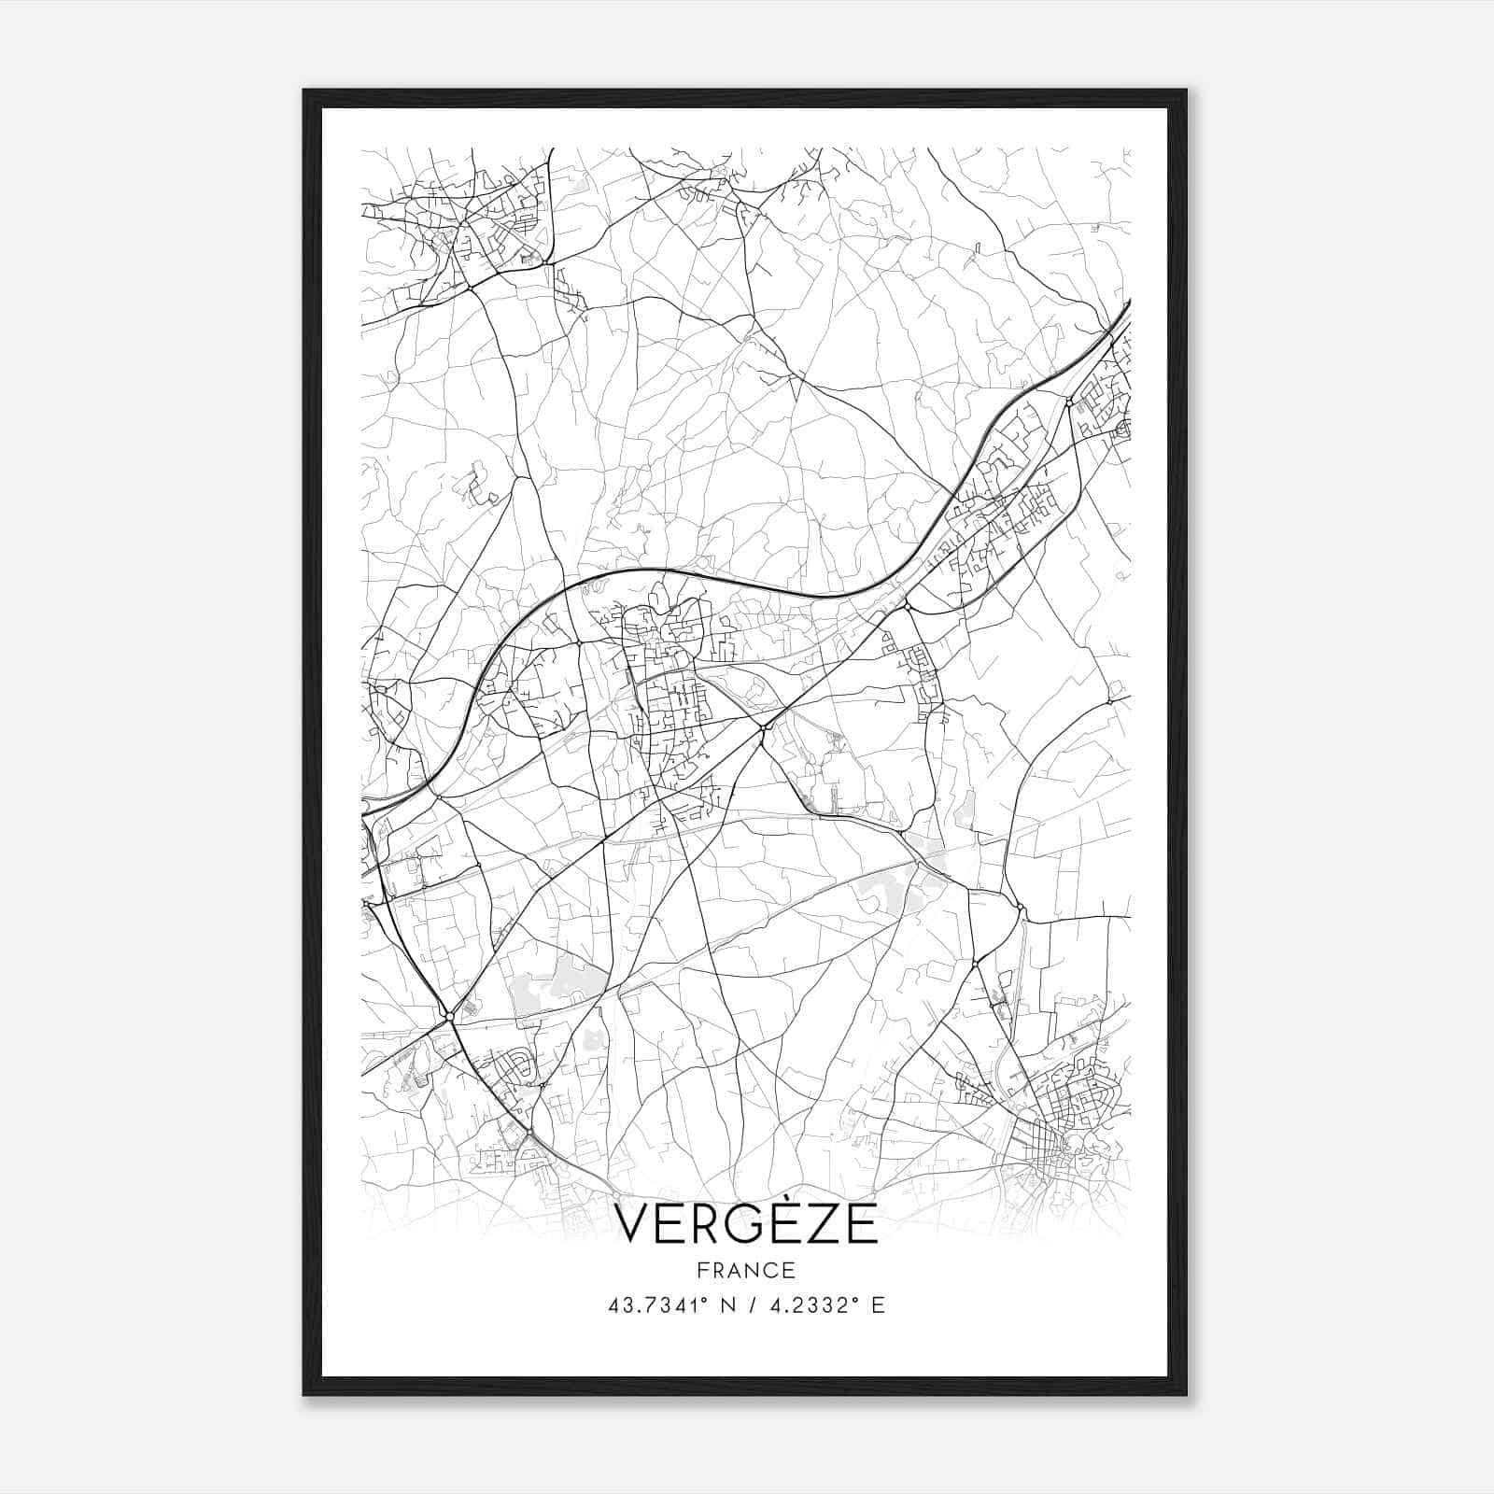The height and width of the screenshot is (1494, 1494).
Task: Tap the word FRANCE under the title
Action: pos(747,1270)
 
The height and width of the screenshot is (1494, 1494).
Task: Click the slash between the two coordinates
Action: pos(752,1305)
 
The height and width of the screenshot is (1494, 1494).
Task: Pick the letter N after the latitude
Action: pos(729,1305)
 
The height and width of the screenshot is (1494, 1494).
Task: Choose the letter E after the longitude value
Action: pos(878,1305)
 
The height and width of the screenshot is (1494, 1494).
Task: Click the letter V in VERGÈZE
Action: pos(634,1225)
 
